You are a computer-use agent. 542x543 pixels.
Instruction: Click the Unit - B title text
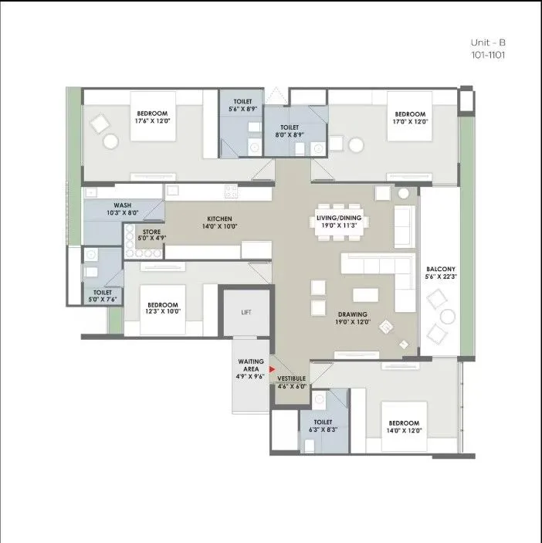[488, 43]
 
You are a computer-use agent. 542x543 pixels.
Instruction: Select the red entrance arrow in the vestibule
[272, 369]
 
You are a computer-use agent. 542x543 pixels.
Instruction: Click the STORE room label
[151, 234]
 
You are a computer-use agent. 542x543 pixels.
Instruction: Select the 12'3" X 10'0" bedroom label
[162, 308]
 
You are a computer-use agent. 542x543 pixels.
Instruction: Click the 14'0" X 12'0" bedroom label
[404, 427]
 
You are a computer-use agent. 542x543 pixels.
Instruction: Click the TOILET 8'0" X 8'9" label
[290, 131]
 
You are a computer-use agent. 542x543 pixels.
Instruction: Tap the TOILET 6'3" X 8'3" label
[323, 426]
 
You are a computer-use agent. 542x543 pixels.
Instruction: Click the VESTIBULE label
[292, 382]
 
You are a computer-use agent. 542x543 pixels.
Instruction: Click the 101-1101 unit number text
[488, 56]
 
